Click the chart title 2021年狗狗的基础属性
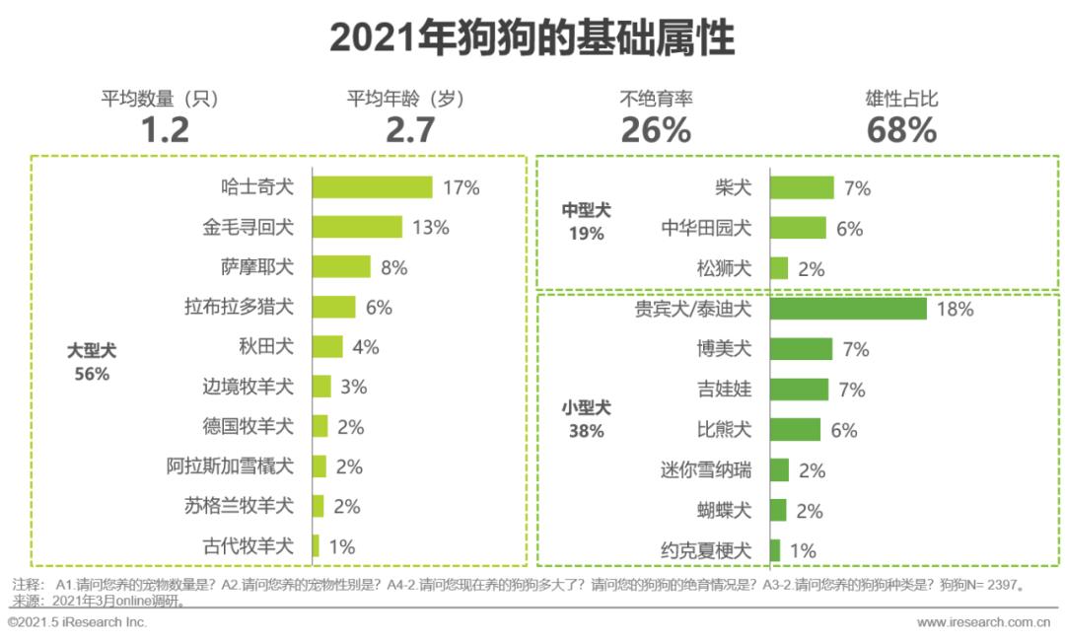[x=532, y=39]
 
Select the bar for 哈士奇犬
[x=372, y=187]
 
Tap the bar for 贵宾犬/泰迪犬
[x=847, y=309]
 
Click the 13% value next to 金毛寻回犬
[x=431, y=228]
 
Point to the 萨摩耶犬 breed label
[x=256, y=267]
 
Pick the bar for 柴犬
[x=801, y=187]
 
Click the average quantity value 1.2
[x=164, y=129]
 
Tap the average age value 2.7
[x=409, y=129]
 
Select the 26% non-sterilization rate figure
[x=656, y=129]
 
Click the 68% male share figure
[x=901, y=129]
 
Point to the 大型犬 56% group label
[x=90, y=362]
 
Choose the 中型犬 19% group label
[x=586, y=222]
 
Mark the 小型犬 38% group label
[x=586, y=418]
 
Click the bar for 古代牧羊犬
[x=316, y=545]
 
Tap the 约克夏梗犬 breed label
[x=705, y=550]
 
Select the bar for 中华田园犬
[x=797, y=228]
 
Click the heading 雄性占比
[x=901, y=99]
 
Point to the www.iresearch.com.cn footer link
[x=982, y=622]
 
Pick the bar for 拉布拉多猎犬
[x=333, y=307]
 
